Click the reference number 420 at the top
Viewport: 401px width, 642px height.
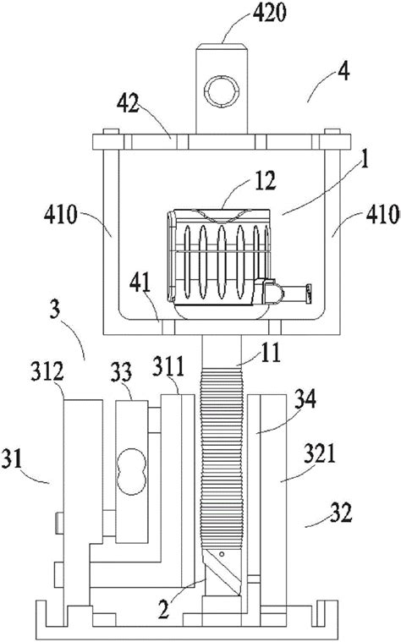pyautogui.click(x=238, y=14)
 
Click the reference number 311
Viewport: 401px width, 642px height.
pyautogui.click(x=172, y=365)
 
